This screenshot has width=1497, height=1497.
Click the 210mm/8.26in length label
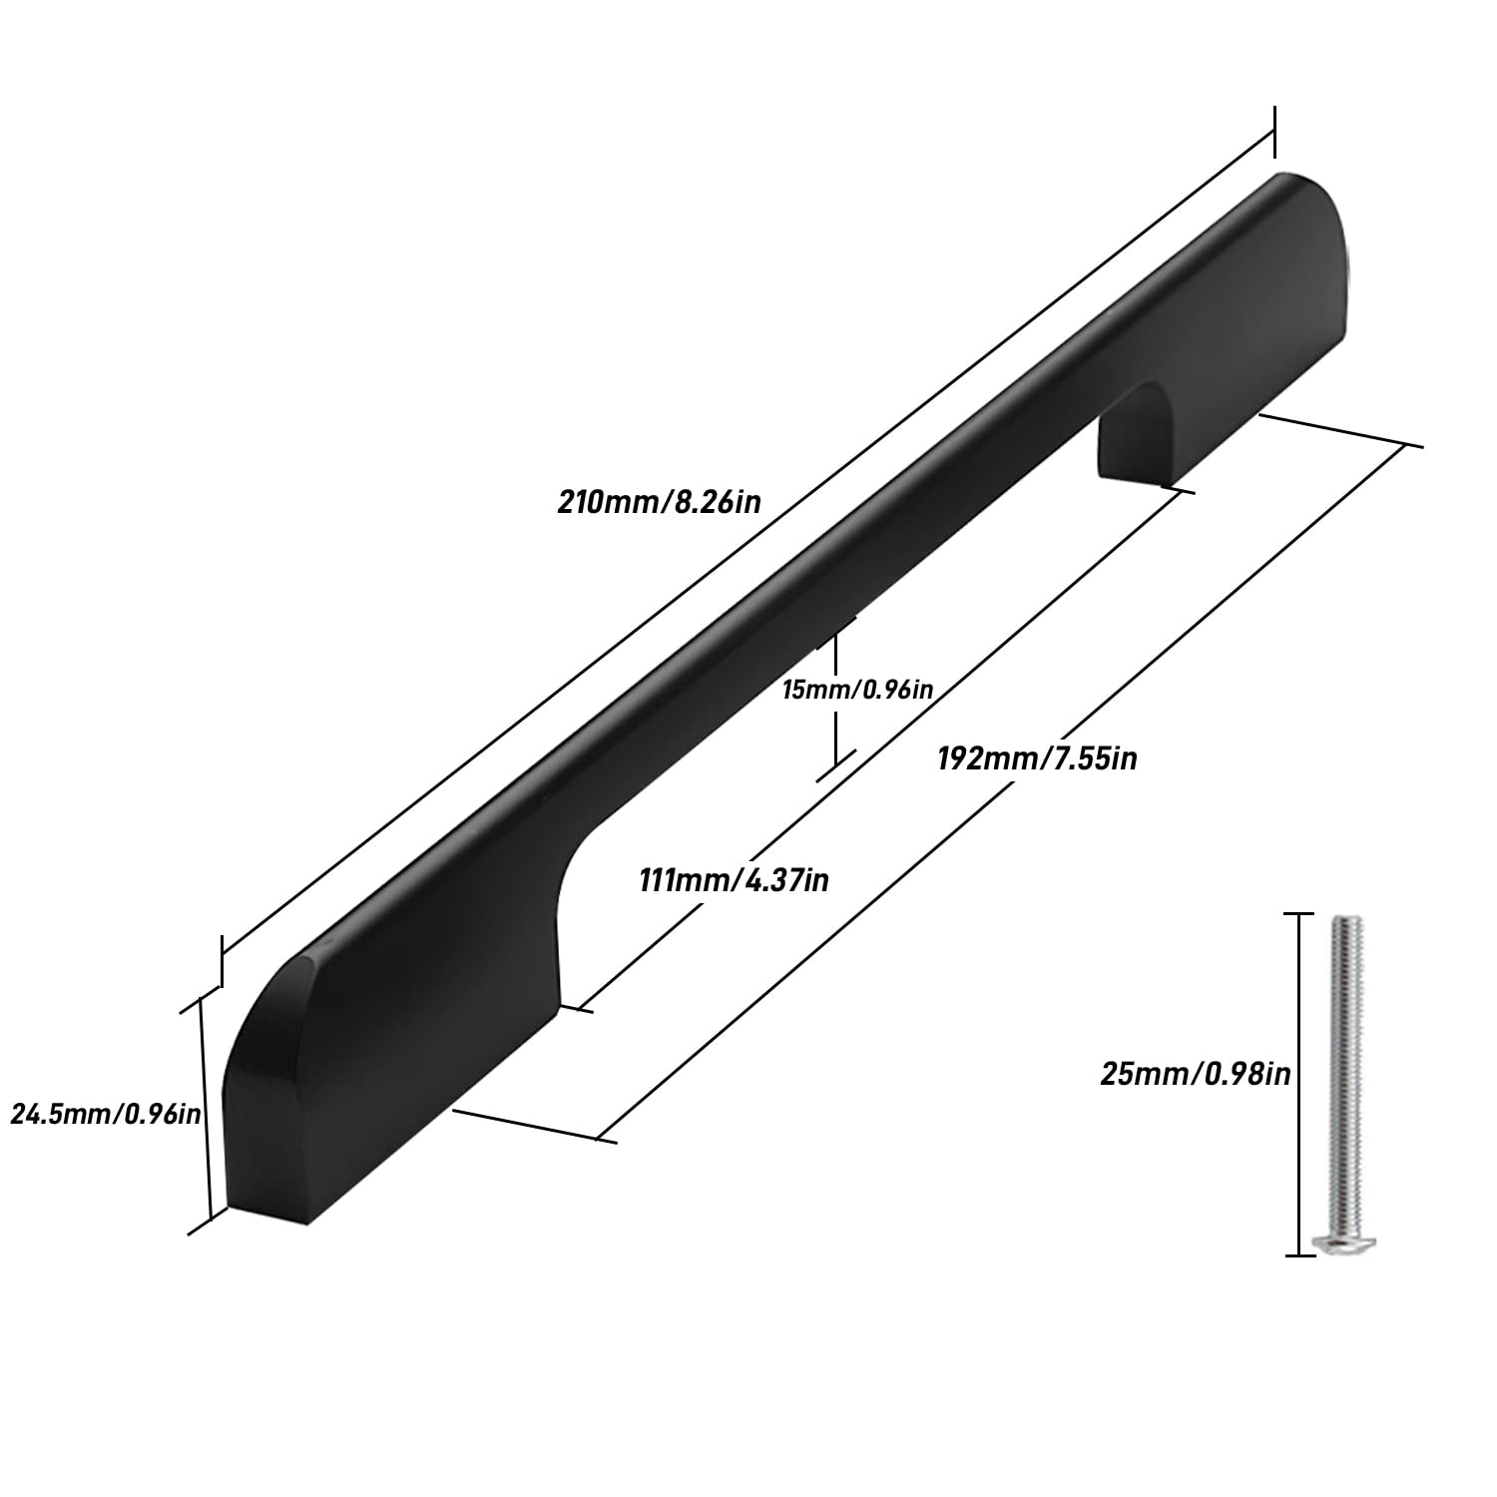pyautogui.click(x=659, y=500)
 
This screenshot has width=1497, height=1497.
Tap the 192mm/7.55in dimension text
pyautogui.click(x=1037, y=758)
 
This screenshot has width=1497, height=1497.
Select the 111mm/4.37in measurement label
pyautogui.click(x=734, y=881)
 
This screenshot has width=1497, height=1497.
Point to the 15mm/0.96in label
pyautogui.click(x=857, y=689)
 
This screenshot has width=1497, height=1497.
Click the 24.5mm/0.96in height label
pyautogui.click(x=105, y=1113)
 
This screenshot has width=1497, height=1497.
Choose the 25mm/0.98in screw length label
pyautogui.click(x=1196, y=1074)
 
